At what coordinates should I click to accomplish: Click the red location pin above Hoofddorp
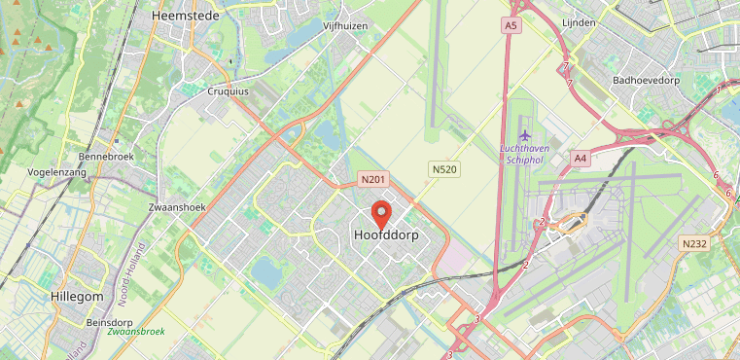[381, 212]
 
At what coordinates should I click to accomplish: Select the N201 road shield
[373, 180]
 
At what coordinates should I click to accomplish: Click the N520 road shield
[443, 169]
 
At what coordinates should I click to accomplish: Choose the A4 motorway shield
[581, 158]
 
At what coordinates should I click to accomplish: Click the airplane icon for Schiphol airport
[526, 134]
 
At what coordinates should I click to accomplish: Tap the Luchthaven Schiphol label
[526, 154]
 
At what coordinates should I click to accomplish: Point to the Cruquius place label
[229, 91]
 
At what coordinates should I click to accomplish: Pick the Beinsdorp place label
[110, 321]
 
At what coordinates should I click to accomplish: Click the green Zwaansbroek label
[136, 332]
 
